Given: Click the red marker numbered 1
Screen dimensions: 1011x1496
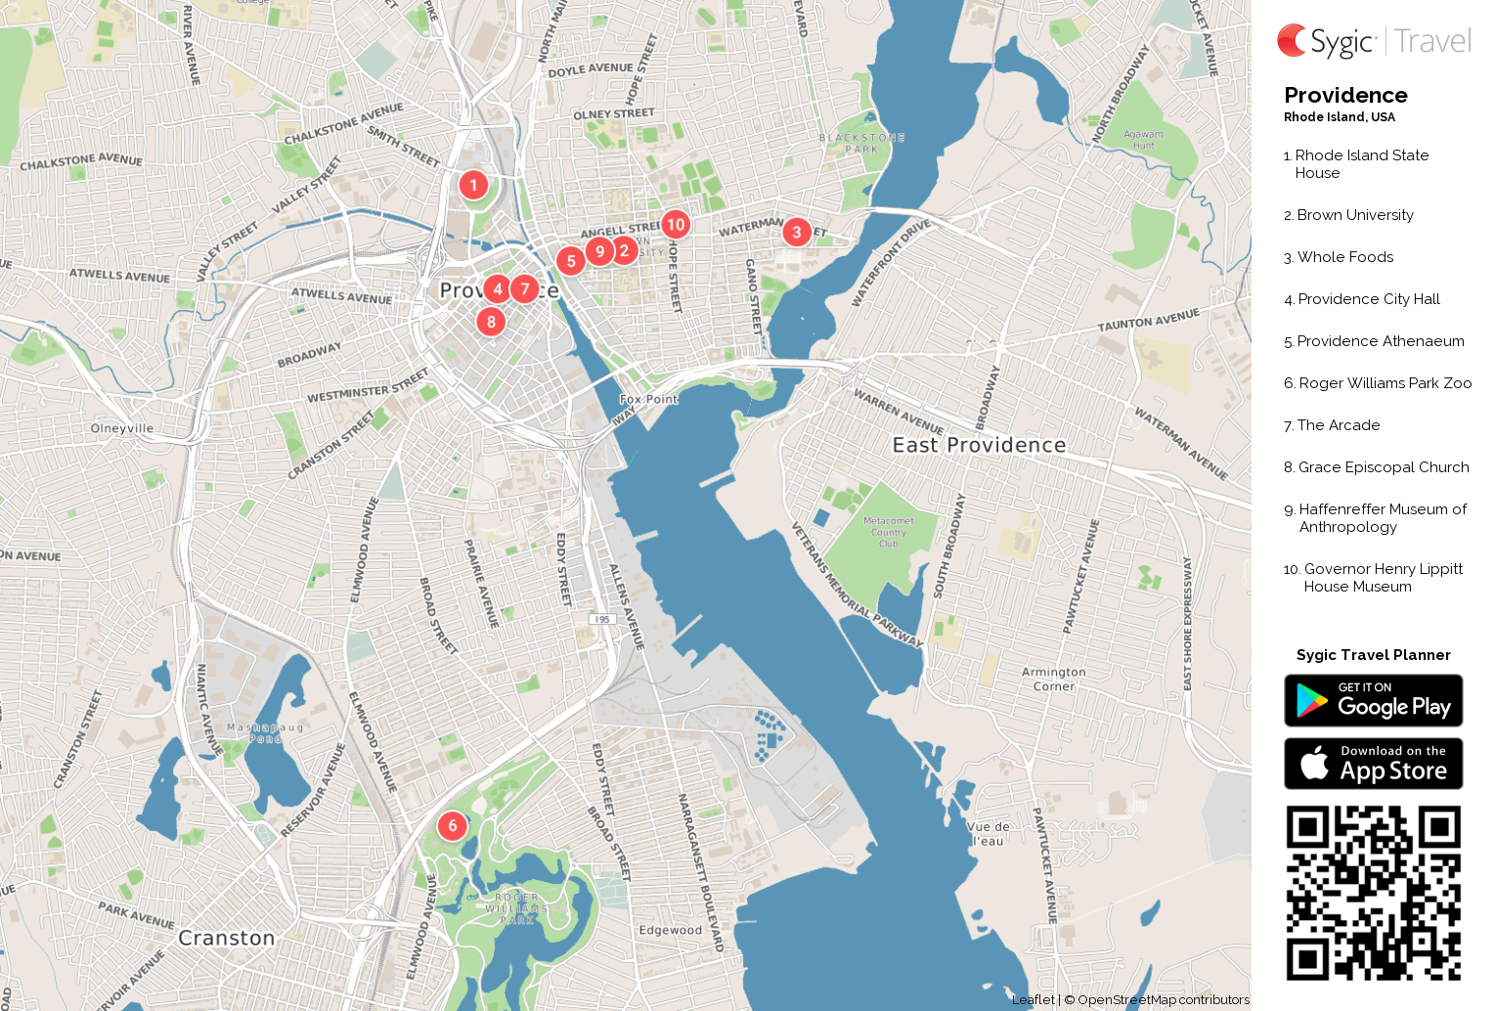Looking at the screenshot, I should [473, 184].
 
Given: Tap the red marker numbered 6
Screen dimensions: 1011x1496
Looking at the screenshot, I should [452, 825].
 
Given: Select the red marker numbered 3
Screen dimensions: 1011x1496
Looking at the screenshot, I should [796, 232].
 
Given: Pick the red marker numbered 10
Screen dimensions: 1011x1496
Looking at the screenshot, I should [675, 224].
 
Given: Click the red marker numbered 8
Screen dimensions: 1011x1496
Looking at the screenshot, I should [491, 321].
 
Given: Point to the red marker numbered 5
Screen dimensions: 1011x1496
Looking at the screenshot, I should [571, 261].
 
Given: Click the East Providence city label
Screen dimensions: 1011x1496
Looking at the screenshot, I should [979, 445].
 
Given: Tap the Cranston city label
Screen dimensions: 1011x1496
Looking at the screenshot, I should [227, 938].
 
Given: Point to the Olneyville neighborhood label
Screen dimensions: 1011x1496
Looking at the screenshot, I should [122, 428].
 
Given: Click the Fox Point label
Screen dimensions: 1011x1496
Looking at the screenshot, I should [648, 399].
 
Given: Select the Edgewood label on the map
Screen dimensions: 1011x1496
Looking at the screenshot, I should [671, 930].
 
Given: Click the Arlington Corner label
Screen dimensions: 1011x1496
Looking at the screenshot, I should [1053, 679].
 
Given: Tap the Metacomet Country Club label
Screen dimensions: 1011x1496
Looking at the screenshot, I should [888, 532].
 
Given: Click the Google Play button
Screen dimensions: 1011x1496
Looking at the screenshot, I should [1373, 700].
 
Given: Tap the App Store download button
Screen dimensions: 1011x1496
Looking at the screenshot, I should [1373, 764].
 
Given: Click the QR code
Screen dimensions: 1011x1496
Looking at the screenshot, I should [1373, 892].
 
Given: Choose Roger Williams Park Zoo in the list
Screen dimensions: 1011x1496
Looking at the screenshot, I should [1385, 383].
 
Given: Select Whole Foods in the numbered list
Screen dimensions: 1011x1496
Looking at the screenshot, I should [1345, 257].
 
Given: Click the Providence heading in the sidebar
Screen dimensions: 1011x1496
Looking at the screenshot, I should [1345, 95].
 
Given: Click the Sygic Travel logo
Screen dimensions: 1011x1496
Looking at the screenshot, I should [1373, 40].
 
